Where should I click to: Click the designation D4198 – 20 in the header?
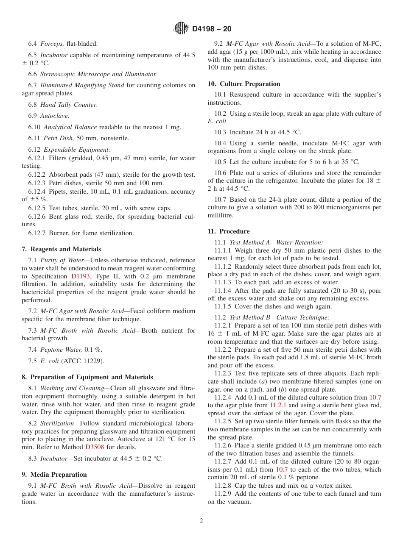pos(212,29)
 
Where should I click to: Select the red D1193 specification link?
pos(80,276)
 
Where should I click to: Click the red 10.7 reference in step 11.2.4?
pos(375,397)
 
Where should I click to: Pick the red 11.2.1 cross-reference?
pos(278,405)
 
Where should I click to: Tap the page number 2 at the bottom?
pos(201,521)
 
